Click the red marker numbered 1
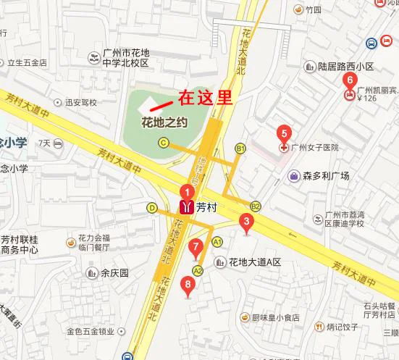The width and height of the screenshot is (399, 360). pyautogui.click(x=187, y=193)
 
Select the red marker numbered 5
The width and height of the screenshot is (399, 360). pyautogui.click(x=283, y=133)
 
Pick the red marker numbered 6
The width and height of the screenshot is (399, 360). pyautogui.click(x=350, y=80)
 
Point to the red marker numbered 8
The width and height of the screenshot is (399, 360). pyautogui.click(x=188, y=285)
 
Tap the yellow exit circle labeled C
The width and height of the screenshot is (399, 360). pyautogui.click(x=164, y=142)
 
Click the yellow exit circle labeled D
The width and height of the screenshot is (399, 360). pyautogui.click(x=152, y=207)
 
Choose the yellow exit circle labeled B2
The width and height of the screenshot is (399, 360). pyautogui.click(x=255, y=206)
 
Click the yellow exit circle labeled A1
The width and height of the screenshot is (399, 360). pyautogui.click(x=217, y=241)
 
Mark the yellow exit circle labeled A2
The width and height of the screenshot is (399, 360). pyautogui.click(x=198, y=269)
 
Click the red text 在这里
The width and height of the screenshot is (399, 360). pyautogui.click(x=205, y=98)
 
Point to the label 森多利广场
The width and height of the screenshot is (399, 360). pyautogui.click(x=326, y=175)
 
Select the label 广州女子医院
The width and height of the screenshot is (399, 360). pyautogui.click(x=314, y=148)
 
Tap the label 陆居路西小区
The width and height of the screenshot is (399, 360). pyautogui.click(x=345, y=66)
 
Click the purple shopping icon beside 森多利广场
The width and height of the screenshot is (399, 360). pyautogui.click(x=294, y=175)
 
